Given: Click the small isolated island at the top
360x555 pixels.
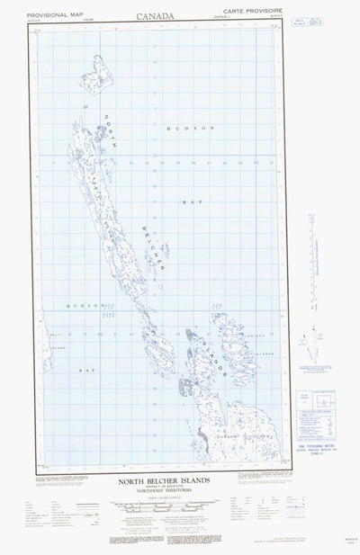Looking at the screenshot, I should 99,69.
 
